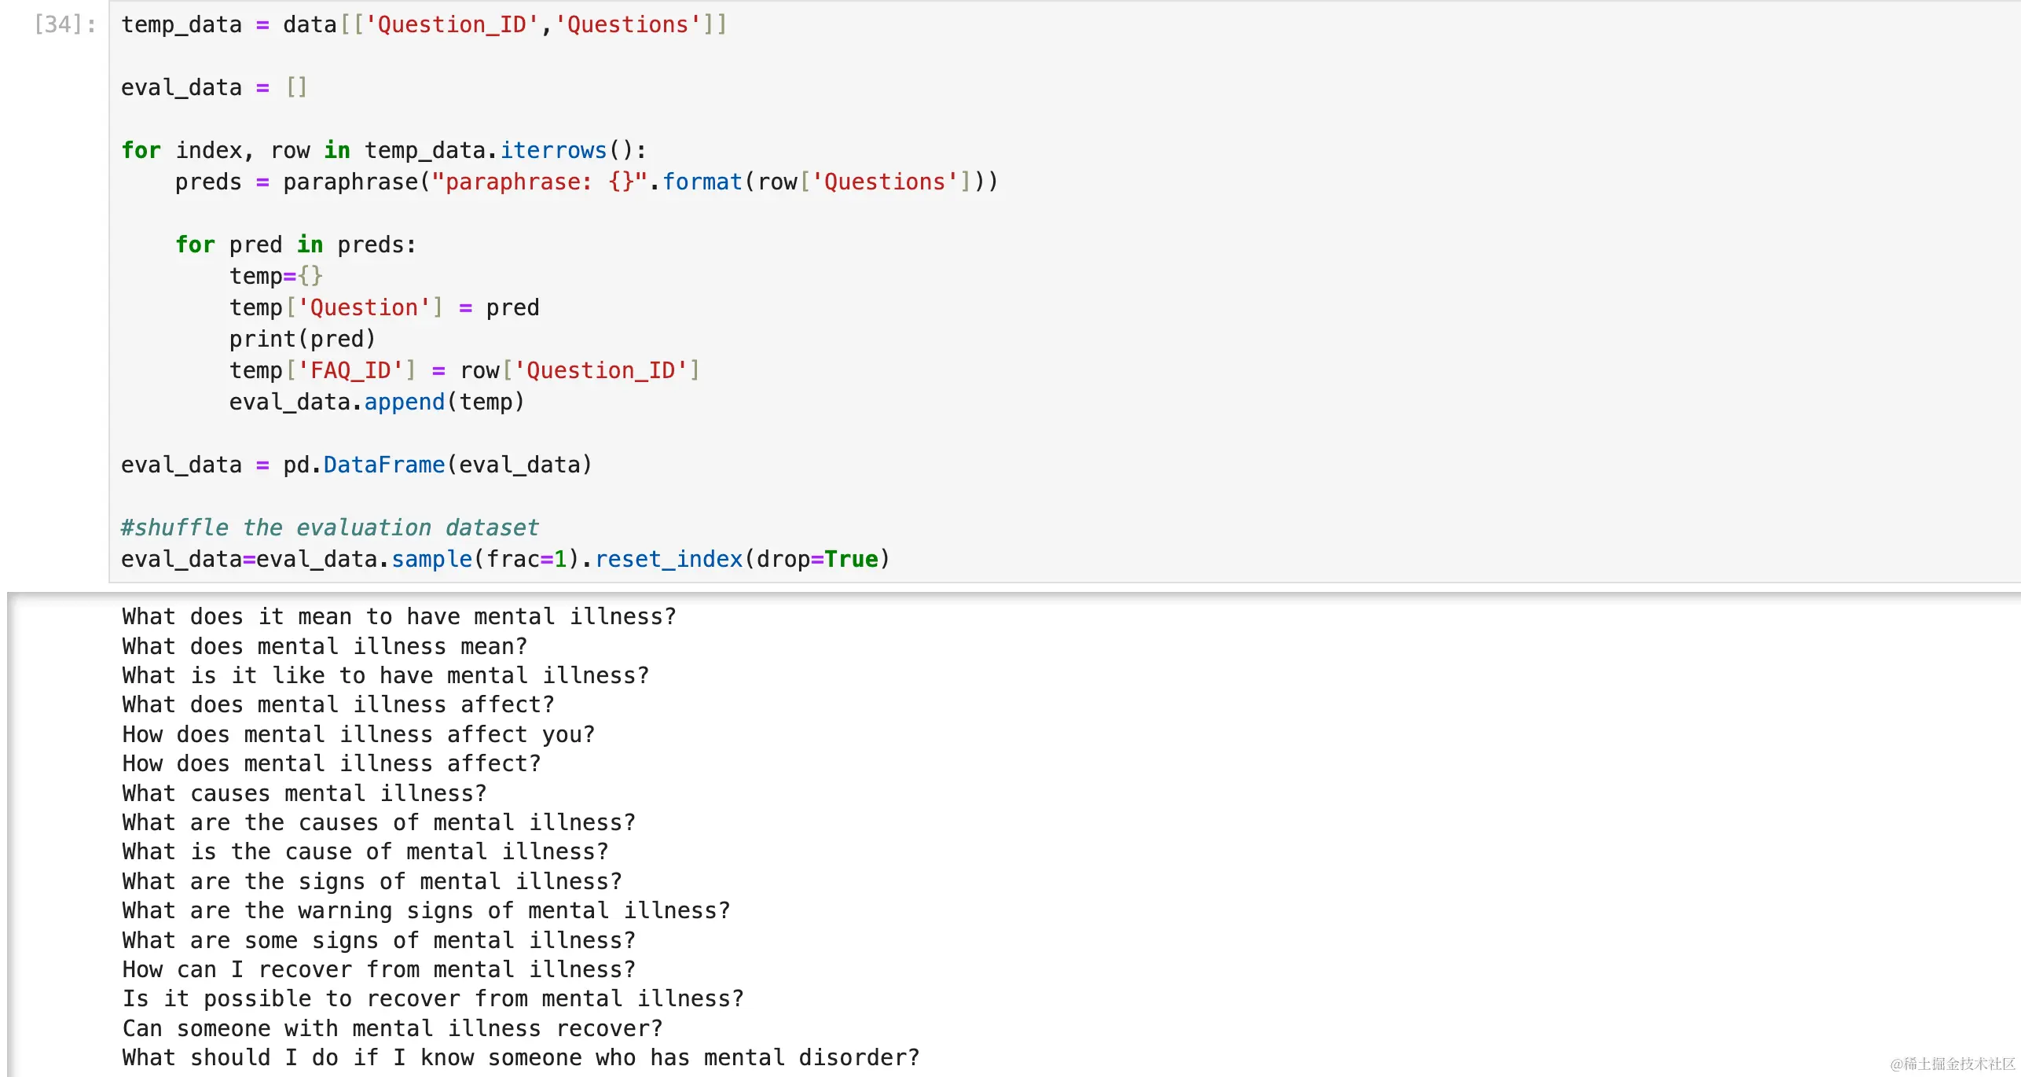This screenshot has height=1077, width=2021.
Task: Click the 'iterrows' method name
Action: [553, 150]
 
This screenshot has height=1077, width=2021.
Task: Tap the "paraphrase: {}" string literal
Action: [538, 182]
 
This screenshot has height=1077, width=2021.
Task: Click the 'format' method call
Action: [702, 182]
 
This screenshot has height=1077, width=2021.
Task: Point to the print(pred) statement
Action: [303, 339]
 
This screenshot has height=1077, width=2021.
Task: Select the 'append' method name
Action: [405, 402]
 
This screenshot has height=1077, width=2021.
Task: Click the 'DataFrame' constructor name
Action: [384, 465]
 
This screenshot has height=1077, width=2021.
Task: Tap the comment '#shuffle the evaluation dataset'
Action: [329, 527]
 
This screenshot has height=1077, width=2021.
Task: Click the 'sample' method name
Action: [431, 559]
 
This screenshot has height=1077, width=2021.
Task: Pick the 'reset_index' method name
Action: [669, 559]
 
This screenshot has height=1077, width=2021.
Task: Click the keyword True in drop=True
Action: [851, 559]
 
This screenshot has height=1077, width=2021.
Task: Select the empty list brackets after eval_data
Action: [296, 87]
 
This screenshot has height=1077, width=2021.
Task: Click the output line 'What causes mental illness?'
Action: [304, 793]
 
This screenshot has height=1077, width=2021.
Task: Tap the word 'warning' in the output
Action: [345, 910]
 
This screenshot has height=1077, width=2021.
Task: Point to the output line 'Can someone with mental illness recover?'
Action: [392, 1028]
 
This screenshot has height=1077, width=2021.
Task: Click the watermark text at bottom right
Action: [1953, 1064]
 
